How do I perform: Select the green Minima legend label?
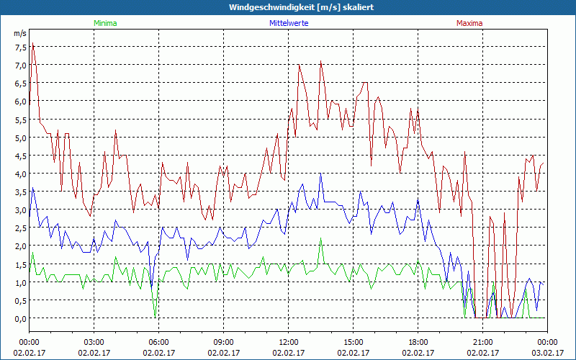pyautogui.click(x=105, y=23)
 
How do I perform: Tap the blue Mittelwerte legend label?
pyautogui.click(x=288, y=23)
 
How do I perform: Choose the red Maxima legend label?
pyautogui.click(x=469, y=23)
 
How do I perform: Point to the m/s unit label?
pyautogui.click(x=20, y=34)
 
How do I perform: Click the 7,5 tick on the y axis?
pyautogui.click(x=20, y=47)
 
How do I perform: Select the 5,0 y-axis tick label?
pyautogui.click(x=20, y=138)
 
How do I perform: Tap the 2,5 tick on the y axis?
pyautogui.click(x=20, y=228)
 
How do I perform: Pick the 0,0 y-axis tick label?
pyautogui.click(x=20, y=318)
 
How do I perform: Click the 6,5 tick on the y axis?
pyautogui.click(x=20, y=83)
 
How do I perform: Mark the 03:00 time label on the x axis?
pyautogui.click(x=94, y=341)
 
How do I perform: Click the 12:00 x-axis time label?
pyautogui.click(x=289, y=341)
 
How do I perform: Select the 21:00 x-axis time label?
pyautogui.click(x=483, y=341)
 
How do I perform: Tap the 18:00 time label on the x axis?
pyautogui.click(x=418, y=341)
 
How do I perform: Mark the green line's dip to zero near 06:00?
pyautogui.click(x=155, y=315)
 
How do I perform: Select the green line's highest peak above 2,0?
pyautogui.click(x=321, y=239)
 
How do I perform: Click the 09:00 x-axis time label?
pyautogui.click(x=224, y=341)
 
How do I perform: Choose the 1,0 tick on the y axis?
pyautogui.click(x=20, y=282)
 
